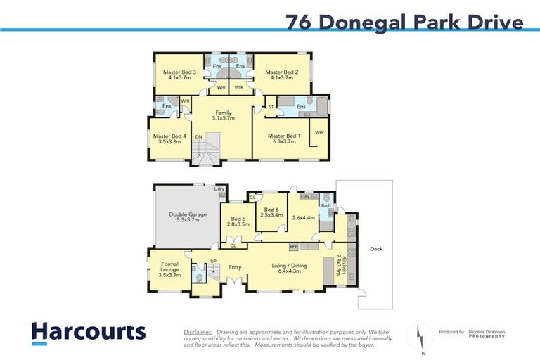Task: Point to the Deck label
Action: [x=376, y=249]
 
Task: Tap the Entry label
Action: [x=235, y=267]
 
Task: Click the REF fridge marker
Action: [x=293, y=246]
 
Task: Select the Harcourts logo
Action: [x=88, y=333]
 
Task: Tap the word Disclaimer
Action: [x=198, y=331]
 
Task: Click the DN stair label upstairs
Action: [x=198, y=136]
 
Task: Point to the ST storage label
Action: [x=271, y=107]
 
